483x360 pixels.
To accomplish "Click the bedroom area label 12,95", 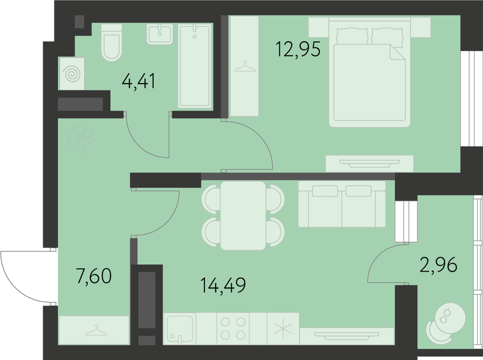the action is (298, 49).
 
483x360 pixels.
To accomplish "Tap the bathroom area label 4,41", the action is (139, 81).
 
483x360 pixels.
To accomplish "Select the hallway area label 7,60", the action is (94, 276).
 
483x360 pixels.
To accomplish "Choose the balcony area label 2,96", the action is (438, 265).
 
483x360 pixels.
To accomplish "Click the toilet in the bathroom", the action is (112, 43).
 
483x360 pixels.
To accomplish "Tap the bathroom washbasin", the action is (160, 34).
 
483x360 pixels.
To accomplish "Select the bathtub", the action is (195, 66).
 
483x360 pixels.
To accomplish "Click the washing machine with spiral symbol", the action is (72, 74).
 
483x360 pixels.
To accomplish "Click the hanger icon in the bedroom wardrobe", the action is (245, 66).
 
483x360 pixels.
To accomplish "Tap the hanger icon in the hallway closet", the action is (97, 330).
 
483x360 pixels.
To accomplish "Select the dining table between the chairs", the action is (243, 216).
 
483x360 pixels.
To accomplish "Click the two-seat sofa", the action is (342, 204).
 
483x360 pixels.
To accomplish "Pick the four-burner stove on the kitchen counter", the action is (233, 329).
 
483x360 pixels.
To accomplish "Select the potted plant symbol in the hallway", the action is (79, 139).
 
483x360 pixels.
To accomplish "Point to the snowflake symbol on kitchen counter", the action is (283, 329).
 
